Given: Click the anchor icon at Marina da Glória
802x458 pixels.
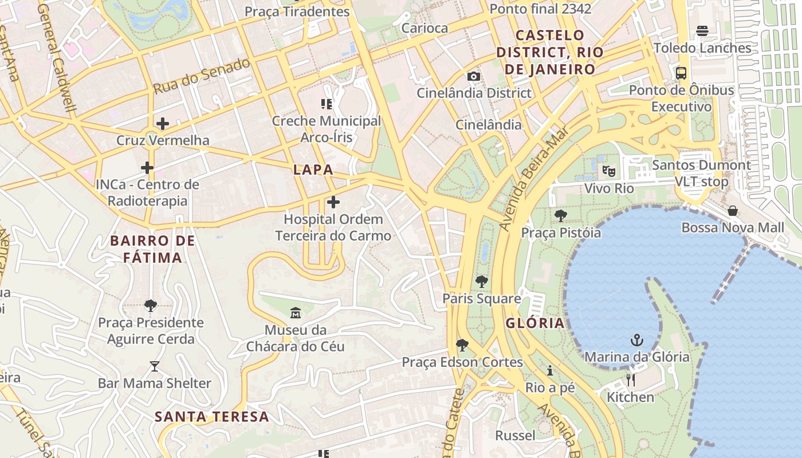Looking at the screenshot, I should [636, 340].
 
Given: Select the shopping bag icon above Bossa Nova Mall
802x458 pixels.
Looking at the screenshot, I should [732, 211].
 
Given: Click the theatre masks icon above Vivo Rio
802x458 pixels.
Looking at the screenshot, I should [608, 171].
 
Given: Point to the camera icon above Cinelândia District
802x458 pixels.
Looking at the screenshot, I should [473, 76].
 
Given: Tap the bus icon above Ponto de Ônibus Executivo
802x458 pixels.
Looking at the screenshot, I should [681, 73].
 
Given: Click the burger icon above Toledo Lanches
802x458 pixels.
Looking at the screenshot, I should [702, 31].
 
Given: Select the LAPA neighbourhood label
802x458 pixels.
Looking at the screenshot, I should [313, 169].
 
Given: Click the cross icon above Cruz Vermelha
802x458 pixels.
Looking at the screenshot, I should [163, 123].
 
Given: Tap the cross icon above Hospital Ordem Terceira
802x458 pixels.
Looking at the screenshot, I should [333, 202].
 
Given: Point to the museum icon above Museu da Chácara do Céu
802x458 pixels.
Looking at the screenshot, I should [296, 313].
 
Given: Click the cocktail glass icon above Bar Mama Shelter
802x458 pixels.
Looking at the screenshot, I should [154, 366].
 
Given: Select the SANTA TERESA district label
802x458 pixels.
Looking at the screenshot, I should [212, 416].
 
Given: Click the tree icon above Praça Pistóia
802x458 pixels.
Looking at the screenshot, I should [560, 216].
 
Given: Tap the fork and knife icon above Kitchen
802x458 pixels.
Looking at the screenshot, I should [630, 380].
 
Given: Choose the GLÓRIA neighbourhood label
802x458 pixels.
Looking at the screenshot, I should [534, 323].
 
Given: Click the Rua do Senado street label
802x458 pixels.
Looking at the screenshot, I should [202, 76].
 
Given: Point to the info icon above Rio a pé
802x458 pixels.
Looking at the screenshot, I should [550, 370].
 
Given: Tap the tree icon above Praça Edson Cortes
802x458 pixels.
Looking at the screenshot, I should [462, 345].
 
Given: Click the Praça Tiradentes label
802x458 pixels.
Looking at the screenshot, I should [297, 11].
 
